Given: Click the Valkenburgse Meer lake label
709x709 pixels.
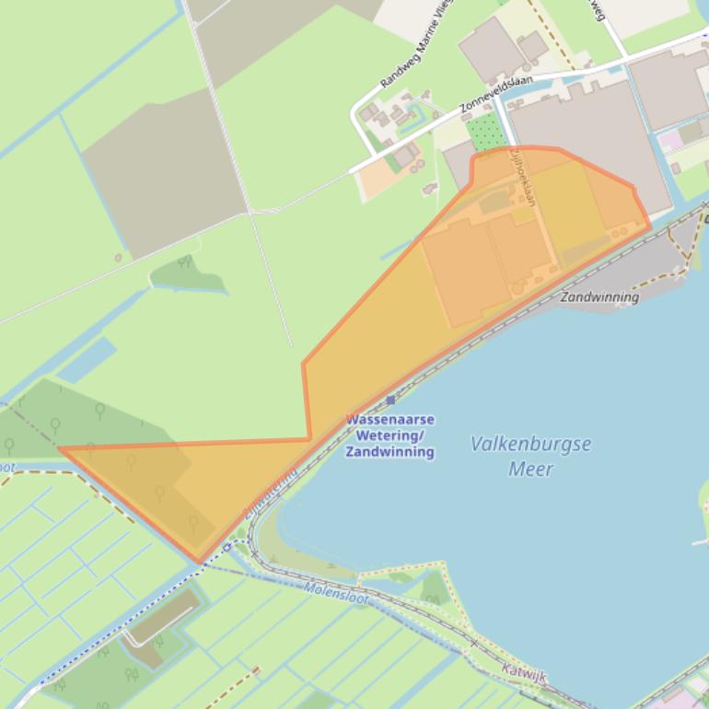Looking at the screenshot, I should (x=530, y=456).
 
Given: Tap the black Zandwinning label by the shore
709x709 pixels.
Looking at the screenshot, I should (x=599, y=297).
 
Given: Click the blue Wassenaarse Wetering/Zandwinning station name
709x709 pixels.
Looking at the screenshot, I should (x=389, y=436).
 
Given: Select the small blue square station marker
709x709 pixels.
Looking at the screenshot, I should (x=390, y=400).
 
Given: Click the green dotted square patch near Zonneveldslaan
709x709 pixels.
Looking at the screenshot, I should (x=486, y=134).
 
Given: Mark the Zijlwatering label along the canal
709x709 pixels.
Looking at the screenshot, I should (x=272, y=494).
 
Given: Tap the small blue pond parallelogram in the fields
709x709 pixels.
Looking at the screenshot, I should (x=88, y=360).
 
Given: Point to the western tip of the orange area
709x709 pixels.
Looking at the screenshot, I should (x=60, y=449).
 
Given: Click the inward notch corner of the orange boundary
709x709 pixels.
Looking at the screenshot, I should (x=308, y=439).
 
